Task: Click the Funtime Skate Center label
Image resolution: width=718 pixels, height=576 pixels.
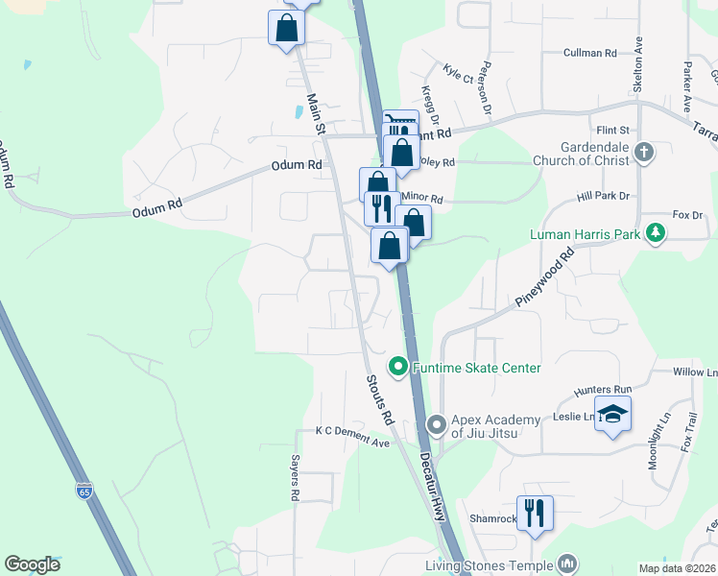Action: click(x=477, y=368)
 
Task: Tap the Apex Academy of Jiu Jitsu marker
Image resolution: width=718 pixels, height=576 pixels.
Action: click(x=437, y=423)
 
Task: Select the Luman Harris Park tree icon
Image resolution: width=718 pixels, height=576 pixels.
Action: click(x=656, y=233)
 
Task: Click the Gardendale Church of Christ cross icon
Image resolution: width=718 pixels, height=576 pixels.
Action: click(x=644, y=152)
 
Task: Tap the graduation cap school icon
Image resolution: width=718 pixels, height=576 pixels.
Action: click(x=612, y=414)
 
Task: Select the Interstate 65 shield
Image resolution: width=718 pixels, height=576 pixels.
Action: click(x=84, y=491)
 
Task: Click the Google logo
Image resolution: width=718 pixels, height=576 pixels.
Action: click(x=33, y=564)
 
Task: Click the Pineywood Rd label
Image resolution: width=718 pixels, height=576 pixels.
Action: click(x=544, y=277)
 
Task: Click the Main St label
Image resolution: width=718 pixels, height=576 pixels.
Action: click(x=317, y=112)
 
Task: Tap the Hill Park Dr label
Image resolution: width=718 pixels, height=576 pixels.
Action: click(x=602, y=196)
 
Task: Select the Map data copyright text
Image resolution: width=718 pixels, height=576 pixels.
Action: click(x=678, y=568)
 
